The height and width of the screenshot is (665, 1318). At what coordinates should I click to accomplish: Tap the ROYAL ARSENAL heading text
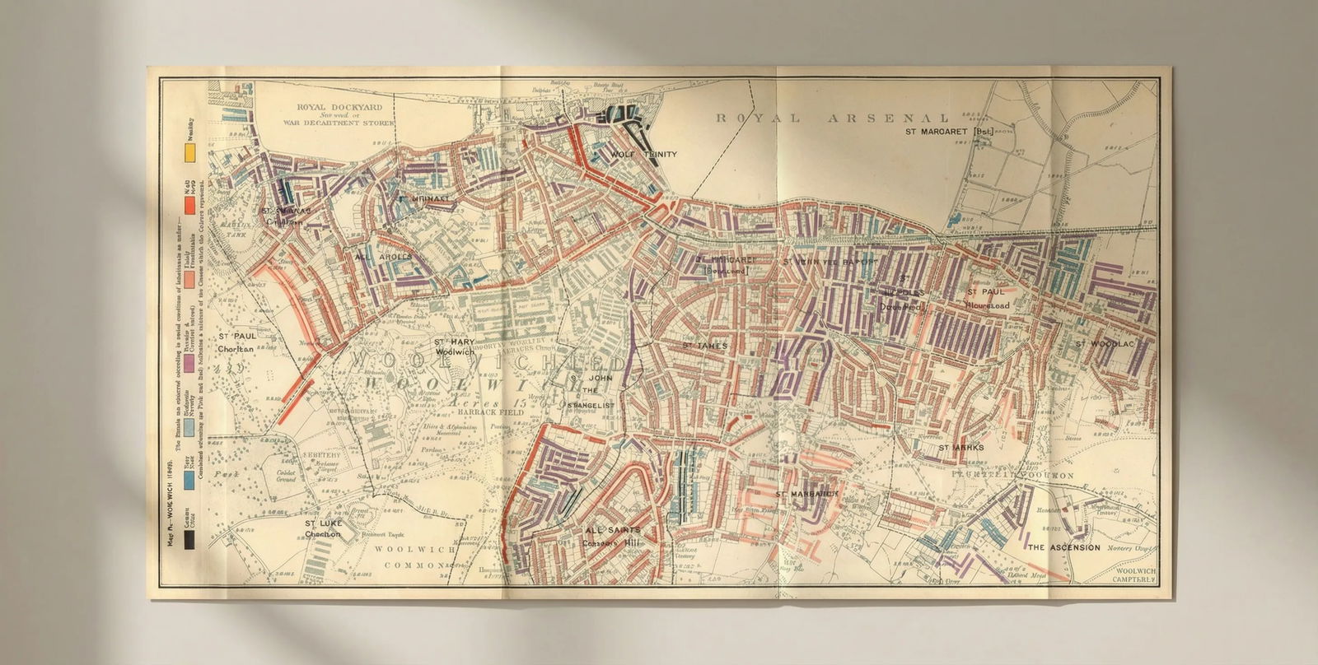coord(831,119)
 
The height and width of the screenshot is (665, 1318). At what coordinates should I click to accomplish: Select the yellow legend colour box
coord(189,152)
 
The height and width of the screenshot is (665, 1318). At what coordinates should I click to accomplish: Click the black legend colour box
coord(189,540)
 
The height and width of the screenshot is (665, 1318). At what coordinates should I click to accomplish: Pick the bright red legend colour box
coord(189,204)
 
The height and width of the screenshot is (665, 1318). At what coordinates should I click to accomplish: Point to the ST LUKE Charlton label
coord(323,528)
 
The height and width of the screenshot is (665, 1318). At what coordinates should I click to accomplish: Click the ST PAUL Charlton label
coord(236,342)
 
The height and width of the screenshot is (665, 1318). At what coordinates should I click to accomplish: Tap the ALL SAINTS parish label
coord(610,536)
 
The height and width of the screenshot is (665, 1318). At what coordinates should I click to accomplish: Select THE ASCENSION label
coord(1063,547)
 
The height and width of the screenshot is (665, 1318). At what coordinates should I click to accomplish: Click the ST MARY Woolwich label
coord(454,346)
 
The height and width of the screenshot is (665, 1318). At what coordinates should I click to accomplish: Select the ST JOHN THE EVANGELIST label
coord(587,390)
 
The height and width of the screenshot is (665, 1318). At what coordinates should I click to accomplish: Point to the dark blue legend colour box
coord(189,486)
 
